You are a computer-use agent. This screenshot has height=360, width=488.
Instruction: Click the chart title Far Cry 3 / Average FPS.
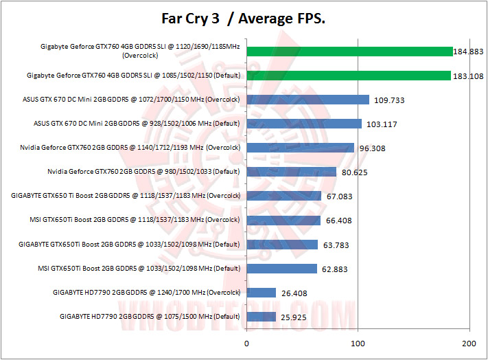244,19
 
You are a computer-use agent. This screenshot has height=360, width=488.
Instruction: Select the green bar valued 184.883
349,52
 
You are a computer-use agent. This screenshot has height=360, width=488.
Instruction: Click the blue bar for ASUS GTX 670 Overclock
307,100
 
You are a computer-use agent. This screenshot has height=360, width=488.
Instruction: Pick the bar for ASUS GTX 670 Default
303,124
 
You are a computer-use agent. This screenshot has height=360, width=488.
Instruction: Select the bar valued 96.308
300,148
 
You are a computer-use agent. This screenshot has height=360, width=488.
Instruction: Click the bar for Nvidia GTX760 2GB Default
291,172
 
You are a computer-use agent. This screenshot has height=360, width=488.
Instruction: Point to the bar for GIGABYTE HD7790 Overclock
261,293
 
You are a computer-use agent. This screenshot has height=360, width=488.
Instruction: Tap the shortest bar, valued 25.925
261,317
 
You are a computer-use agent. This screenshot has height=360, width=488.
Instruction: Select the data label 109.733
389,100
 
